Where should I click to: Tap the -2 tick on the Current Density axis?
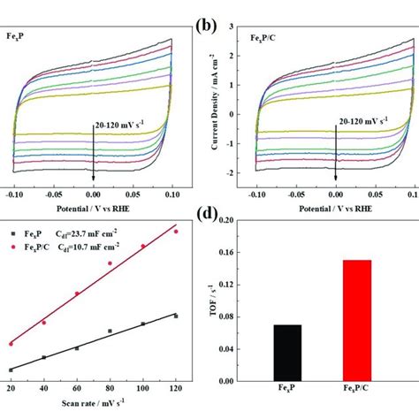point(237,174)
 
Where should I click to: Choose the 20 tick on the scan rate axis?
point(11,388)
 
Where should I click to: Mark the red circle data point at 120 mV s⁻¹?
point(176,232)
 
